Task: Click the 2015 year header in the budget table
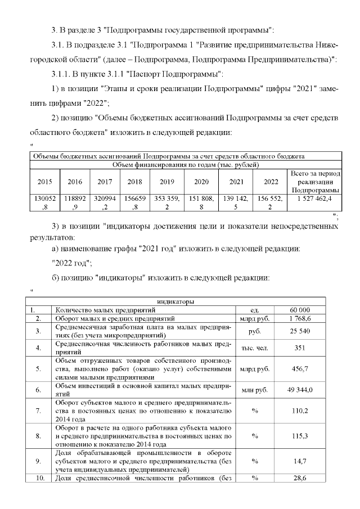(43, 181)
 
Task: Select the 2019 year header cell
(167, 181)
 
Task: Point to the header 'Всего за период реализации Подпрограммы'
(314, 182)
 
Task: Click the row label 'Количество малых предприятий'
(101, 310)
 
